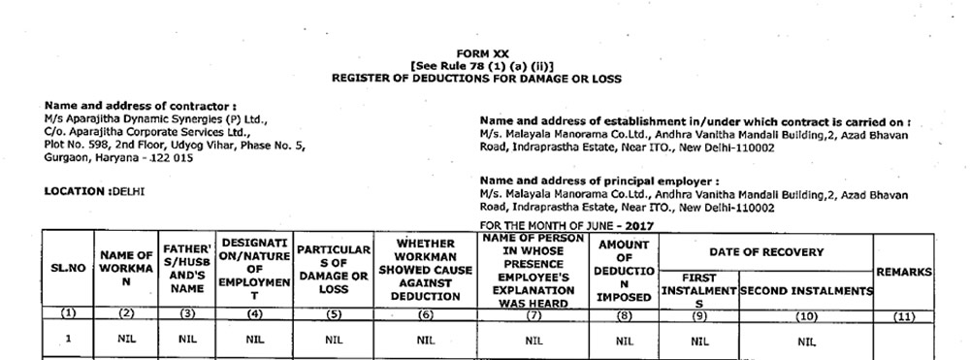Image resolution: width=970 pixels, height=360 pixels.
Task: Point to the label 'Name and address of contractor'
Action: (142, 105)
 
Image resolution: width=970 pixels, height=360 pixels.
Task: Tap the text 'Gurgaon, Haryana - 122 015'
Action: (118, 157)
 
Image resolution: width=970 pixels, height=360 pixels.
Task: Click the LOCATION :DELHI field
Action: (94, 192)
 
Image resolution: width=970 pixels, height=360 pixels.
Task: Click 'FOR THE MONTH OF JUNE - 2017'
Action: (567, 225)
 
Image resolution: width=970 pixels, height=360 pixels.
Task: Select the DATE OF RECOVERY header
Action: (766, 252)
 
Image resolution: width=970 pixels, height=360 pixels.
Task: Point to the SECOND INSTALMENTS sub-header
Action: (805, 290)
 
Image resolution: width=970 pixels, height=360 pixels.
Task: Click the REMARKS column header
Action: (904, 274)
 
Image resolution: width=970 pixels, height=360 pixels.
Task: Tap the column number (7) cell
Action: (533, 314)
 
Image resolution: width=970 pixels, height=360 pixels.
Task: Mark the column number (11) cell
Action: (904, 314)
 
